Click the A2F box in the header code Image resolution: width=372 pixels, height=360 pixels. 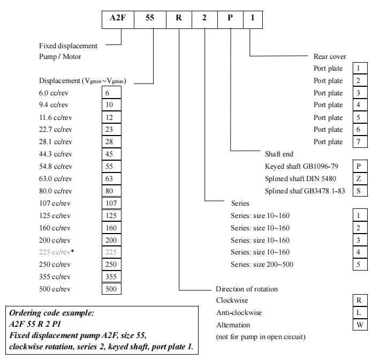(117, 18)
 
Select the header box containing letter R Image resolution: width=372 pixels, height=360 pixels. (179, 18)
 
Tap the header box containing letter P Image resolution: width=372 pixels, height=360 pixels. (230, 18)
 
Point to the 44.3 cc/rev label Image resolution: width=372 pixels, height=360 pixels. (55, 154)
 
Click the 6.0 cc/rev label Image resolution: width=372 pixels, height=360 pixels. (54, 93)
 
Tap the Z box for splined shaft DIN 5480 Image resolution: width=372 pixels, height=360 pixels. (359, 179)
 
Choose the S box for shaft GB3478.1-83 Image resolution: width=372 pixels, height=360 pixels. (359, 191)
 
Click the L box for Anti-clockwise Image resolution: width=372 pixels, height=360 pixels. (359, 313)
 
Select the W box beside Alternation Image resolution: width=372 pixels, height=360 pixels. (359, 325)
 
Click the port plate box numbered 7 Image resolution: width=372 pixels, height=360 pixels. (359, 142)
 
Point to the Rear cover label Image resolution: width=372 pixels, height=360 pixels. (330, 56)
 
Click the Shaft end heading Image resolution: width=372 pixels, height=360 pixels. (279, 154)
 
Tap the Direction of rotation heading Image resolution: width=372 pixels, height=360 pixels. (247, 289)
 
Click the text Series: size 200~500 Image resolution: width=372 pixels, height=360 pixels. (262, 265)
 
